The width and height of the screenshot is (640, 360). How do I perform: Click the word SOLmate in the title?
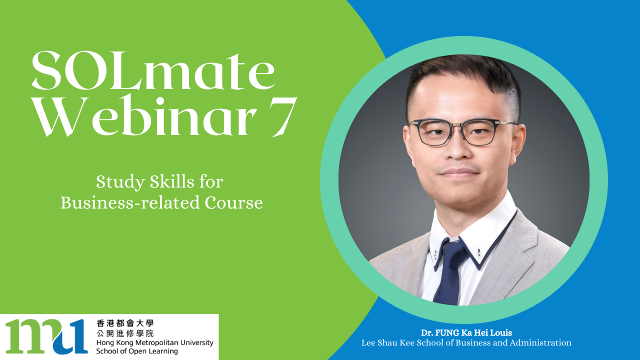click(153, 70)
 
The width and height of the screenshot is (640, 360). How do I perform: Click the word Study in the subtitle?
click(120, 182)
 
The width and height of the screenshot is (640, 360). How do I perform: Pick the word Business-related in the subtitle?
click(130, 202)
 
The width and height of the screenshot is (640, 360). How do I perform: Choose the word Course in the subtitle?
click(233, 203)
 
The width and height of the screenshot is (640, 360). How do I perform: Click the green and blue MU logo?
click(46, 336)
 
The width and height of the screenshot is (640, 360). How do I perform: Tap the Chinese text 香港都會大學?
click(125, 323)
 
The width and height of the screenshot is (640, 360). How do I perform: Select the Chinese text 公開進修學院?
click(125, 333)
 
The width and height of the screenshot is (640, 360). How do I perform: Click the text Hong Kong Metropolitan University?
click(155, 342)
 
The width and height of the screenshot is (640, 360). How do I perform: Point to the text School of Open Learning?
click(137, 351)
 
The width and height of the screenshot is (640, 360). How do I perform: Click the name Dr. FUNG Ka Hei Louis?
click(466, 333)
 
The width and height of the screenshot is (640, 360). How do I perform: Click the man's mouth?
click(459, 172)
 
